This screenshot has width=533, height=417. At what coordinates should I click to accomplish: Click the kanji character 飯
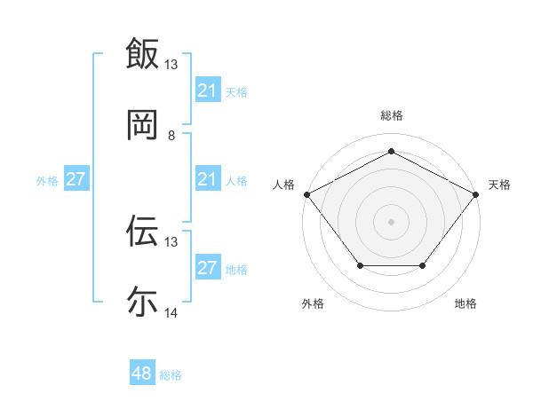142,53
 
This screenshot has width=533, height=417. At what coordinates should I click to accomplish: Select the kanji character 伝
142,231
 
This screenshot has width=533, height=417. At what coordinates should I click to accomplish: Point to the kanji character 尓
142,302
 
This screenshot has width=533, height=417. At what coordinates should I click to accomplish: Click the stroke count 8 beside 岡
171,136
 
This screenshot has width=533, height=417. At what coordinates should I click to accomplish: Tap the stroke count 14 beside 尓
171,313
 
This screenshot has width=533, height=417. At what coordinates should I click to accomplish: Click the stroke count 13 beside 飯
171,65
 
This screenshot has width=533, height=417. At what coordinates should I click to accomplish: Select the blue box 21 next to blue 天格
207,90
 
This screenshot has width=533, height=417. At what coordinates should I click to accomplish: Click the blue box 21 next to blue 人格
207,180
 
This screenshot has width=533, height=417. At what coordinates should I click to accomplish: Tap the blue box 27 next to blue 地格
207,268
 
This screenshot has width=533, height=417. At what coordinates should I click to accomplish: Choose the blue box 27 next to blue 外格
76,180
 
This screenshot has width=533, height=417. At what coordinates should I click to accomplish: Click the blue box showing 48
142,374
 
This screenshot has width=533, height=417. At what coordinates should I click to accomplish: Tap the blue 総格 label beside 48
171,375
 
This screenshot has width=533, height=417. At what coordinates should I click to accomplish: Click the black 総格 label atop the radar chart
392,116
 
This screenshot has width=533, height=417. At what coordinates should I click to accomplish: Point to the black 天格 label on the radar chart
499,185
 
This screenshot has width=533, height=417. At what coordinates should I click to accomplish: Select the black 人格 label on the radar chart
284,185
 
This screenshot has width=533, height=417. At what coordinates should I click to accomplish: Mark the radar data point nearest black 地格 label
423,266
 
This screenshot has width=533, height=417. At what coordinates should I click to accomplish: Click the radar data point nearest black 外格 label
360,266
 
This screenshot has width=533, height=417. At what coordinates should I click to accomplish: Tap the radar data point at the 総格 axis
392,152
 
